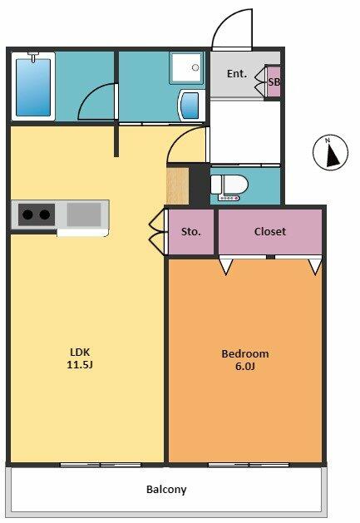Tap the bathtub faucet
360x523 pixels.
pyautogui.click(x=33, y=57)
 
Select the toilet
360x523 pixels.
pyautogui.click(x=229, y=187)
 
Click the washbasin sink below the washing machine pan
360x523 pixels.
pyautogui.click(x=191, y=105)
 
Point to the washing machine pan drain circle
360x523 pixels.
pyautogui.click(x=195, y=67)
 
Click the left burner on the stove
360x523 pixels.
pyautogui.click(x=28, y=215)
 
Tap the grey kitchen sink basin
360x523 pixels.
pyautogui.click(x=84, y=215)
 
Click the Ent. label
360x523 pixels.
pyautogui.click(x=237, y=74)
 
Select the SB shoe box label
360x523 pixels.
pyautogui.click(x=274, y=82)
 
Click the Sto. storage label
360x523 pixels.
pyautogui.click(x=191, y=231)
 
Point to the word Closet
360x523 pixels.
pyautogui.click(x=270, y=231)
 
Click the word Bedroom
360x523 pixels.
pyautogui.click(x=245, y=353)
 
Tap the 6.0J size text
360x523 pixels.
pyautogui.click(x=245, y=366)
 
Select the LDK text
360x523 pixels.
pyautogui.click(x=80, y=352)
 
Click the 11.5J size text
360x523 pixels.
pyautogui.click(x=80, y=364)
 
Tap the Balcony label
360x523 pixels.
pyautogui.click(x=166, y=490)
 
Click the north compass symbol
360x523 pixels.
pyautogui.click(x=330, y=151)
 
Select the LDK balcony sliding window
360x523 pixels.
pyautogui.click(x=100, y=465)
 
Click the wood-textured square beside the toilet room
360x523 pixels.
pyautogui.click(x=178, y=185)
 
